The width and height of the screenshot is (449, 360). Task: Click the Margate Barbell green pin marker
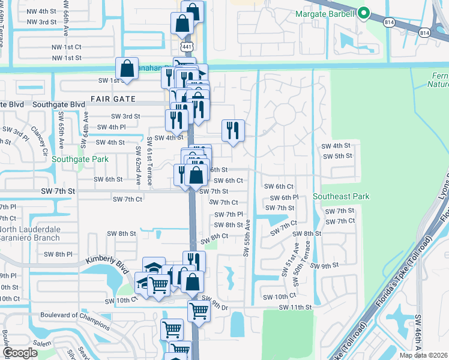tap(363, 13)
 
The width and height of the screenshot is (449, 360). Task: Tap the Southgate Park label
tap(80, 160)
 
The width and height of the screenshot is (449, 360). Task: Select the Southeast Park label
tap(340, 196)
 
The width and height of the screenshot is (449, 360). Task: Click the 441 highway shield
tap(184, 46)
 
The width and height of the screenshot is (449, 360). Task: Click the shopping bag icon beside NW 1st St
tap(127, 69)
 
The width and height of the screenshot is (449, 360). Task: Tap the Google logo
tap(20, 353)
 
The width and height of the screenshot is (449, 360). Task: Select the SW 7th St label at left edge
tap(58, 191)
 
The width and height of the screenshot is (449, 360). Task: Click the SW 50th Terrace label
tap(309, 257)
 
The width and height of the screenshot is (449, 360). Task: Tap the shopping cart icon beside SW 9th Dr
tap(199, 311)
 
